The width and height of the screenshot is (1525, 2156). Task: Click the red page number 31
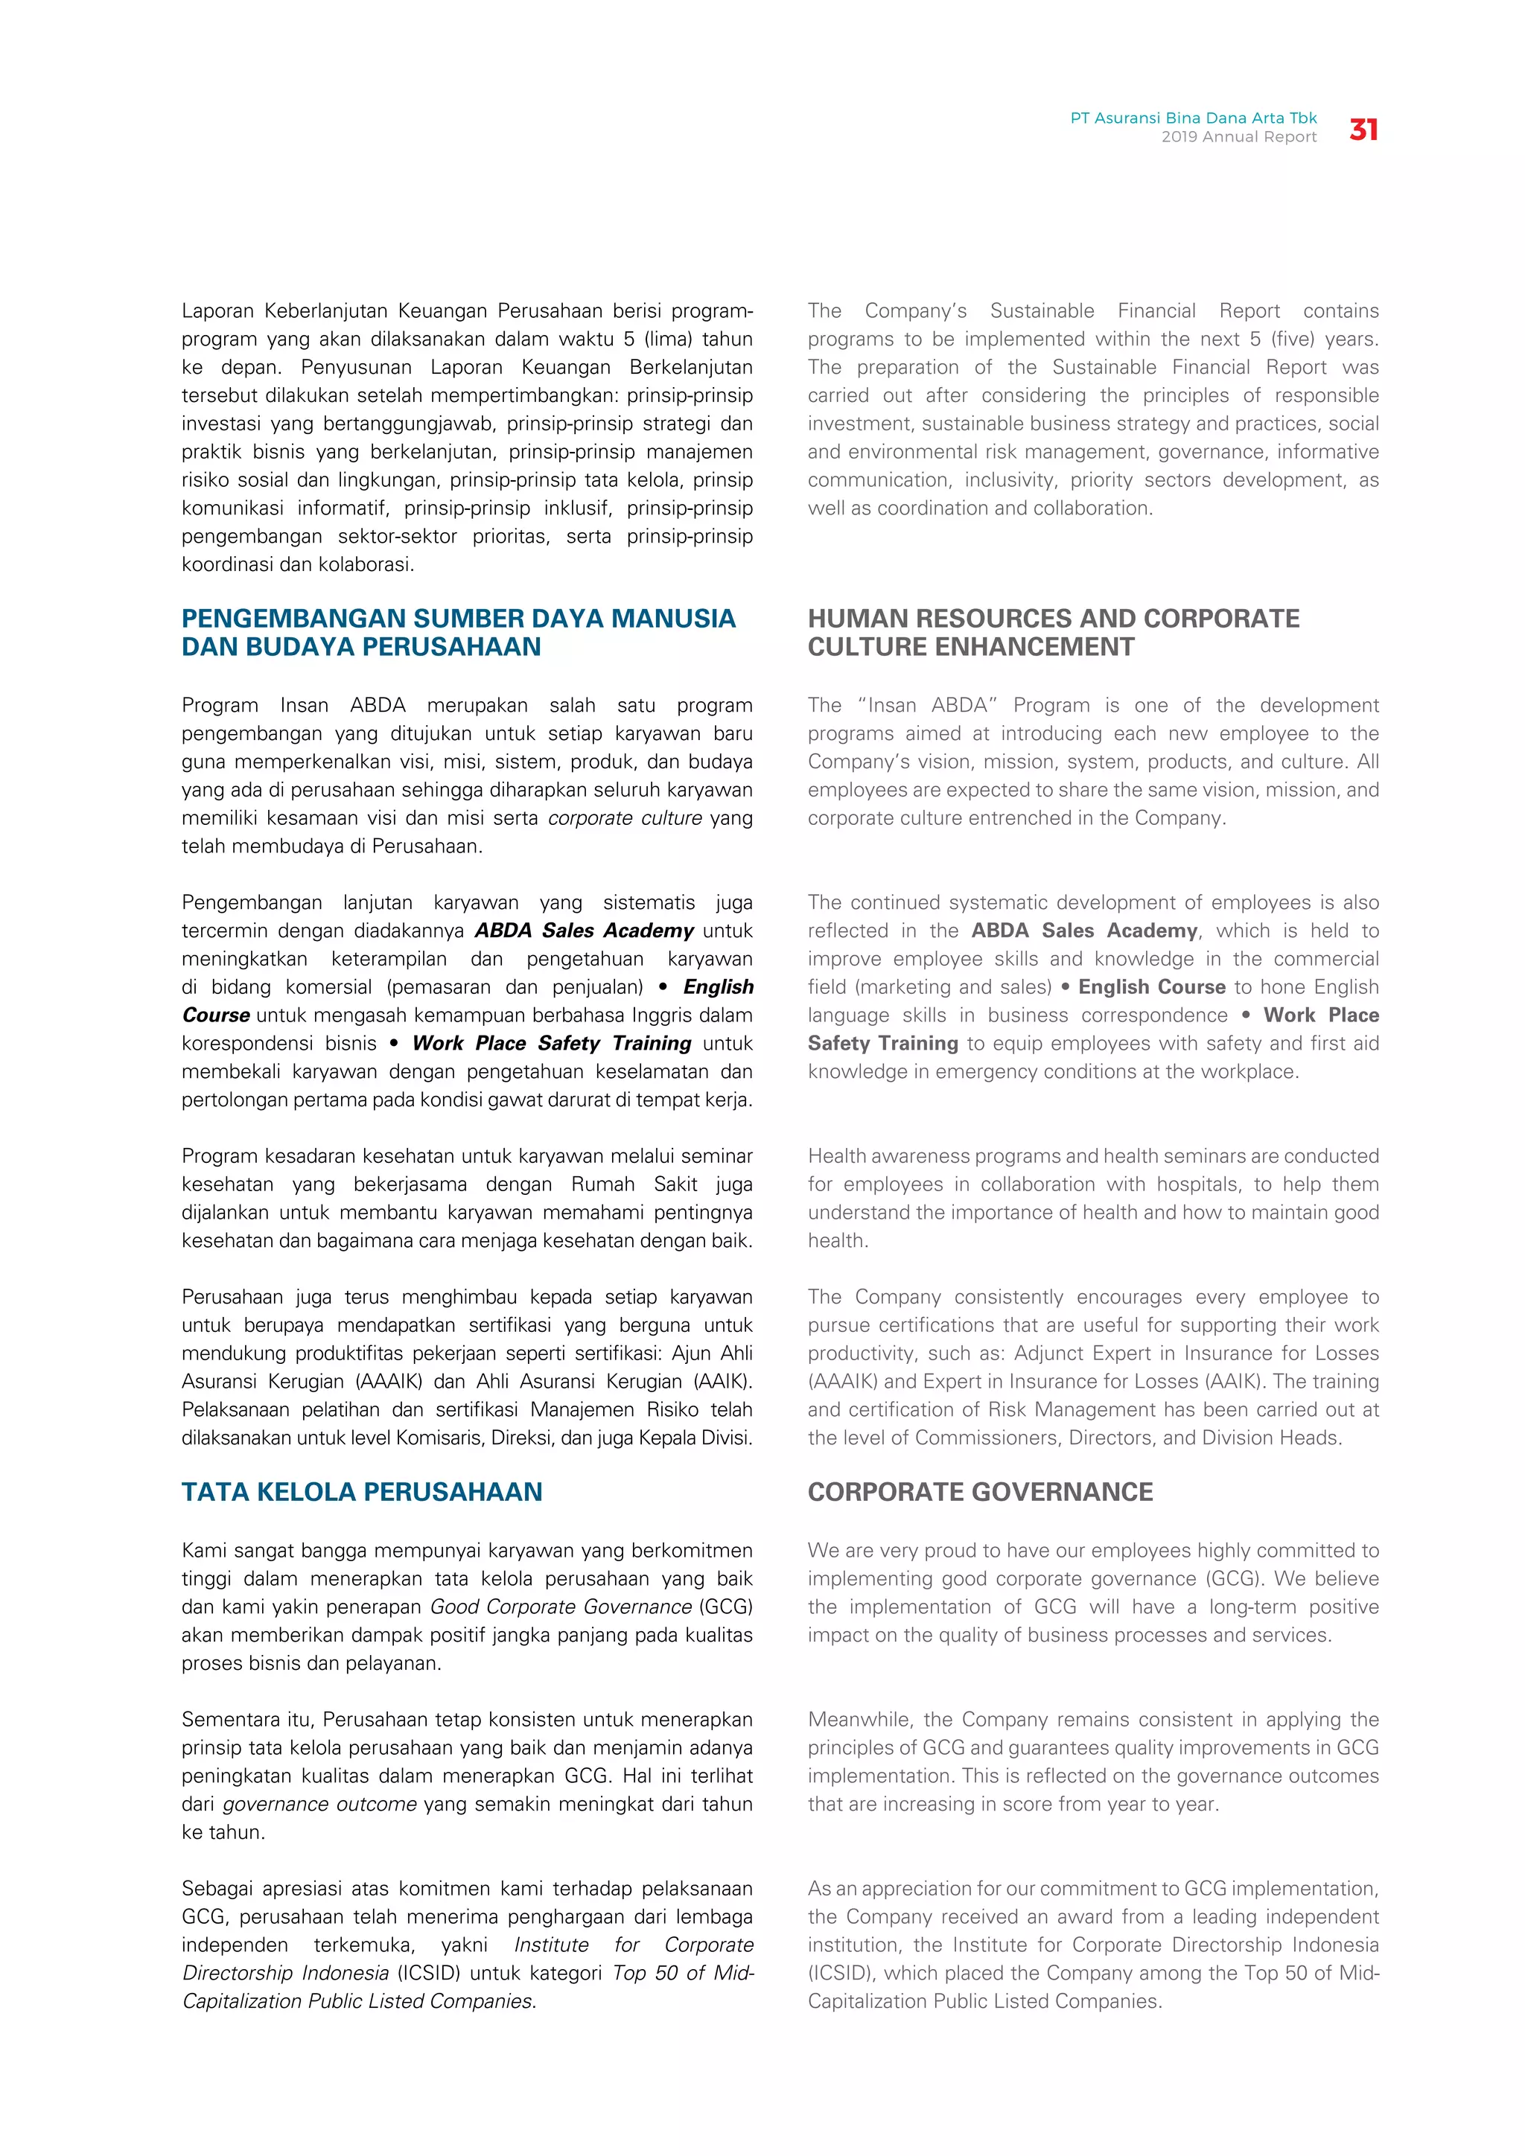(x=1363, y=130)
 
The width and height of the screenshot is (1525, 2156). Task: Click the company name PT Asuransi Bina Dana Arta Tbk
(x=1193, y=118)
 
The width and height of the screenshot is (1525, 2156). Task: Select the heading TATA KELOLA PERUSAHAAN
(x=362, y=1492)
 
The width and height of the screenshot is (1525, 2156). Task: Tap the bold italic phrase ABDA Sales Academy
(x=583, y=931)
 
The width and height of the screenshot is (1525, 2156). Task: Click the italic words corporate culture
(x=625, y=818)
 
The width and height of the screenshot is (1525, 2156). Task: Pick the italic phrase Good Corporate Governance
(x=561, y=1607)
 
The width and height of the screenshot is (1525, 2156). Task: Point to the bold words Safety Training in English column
(x=882, y=1043)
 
